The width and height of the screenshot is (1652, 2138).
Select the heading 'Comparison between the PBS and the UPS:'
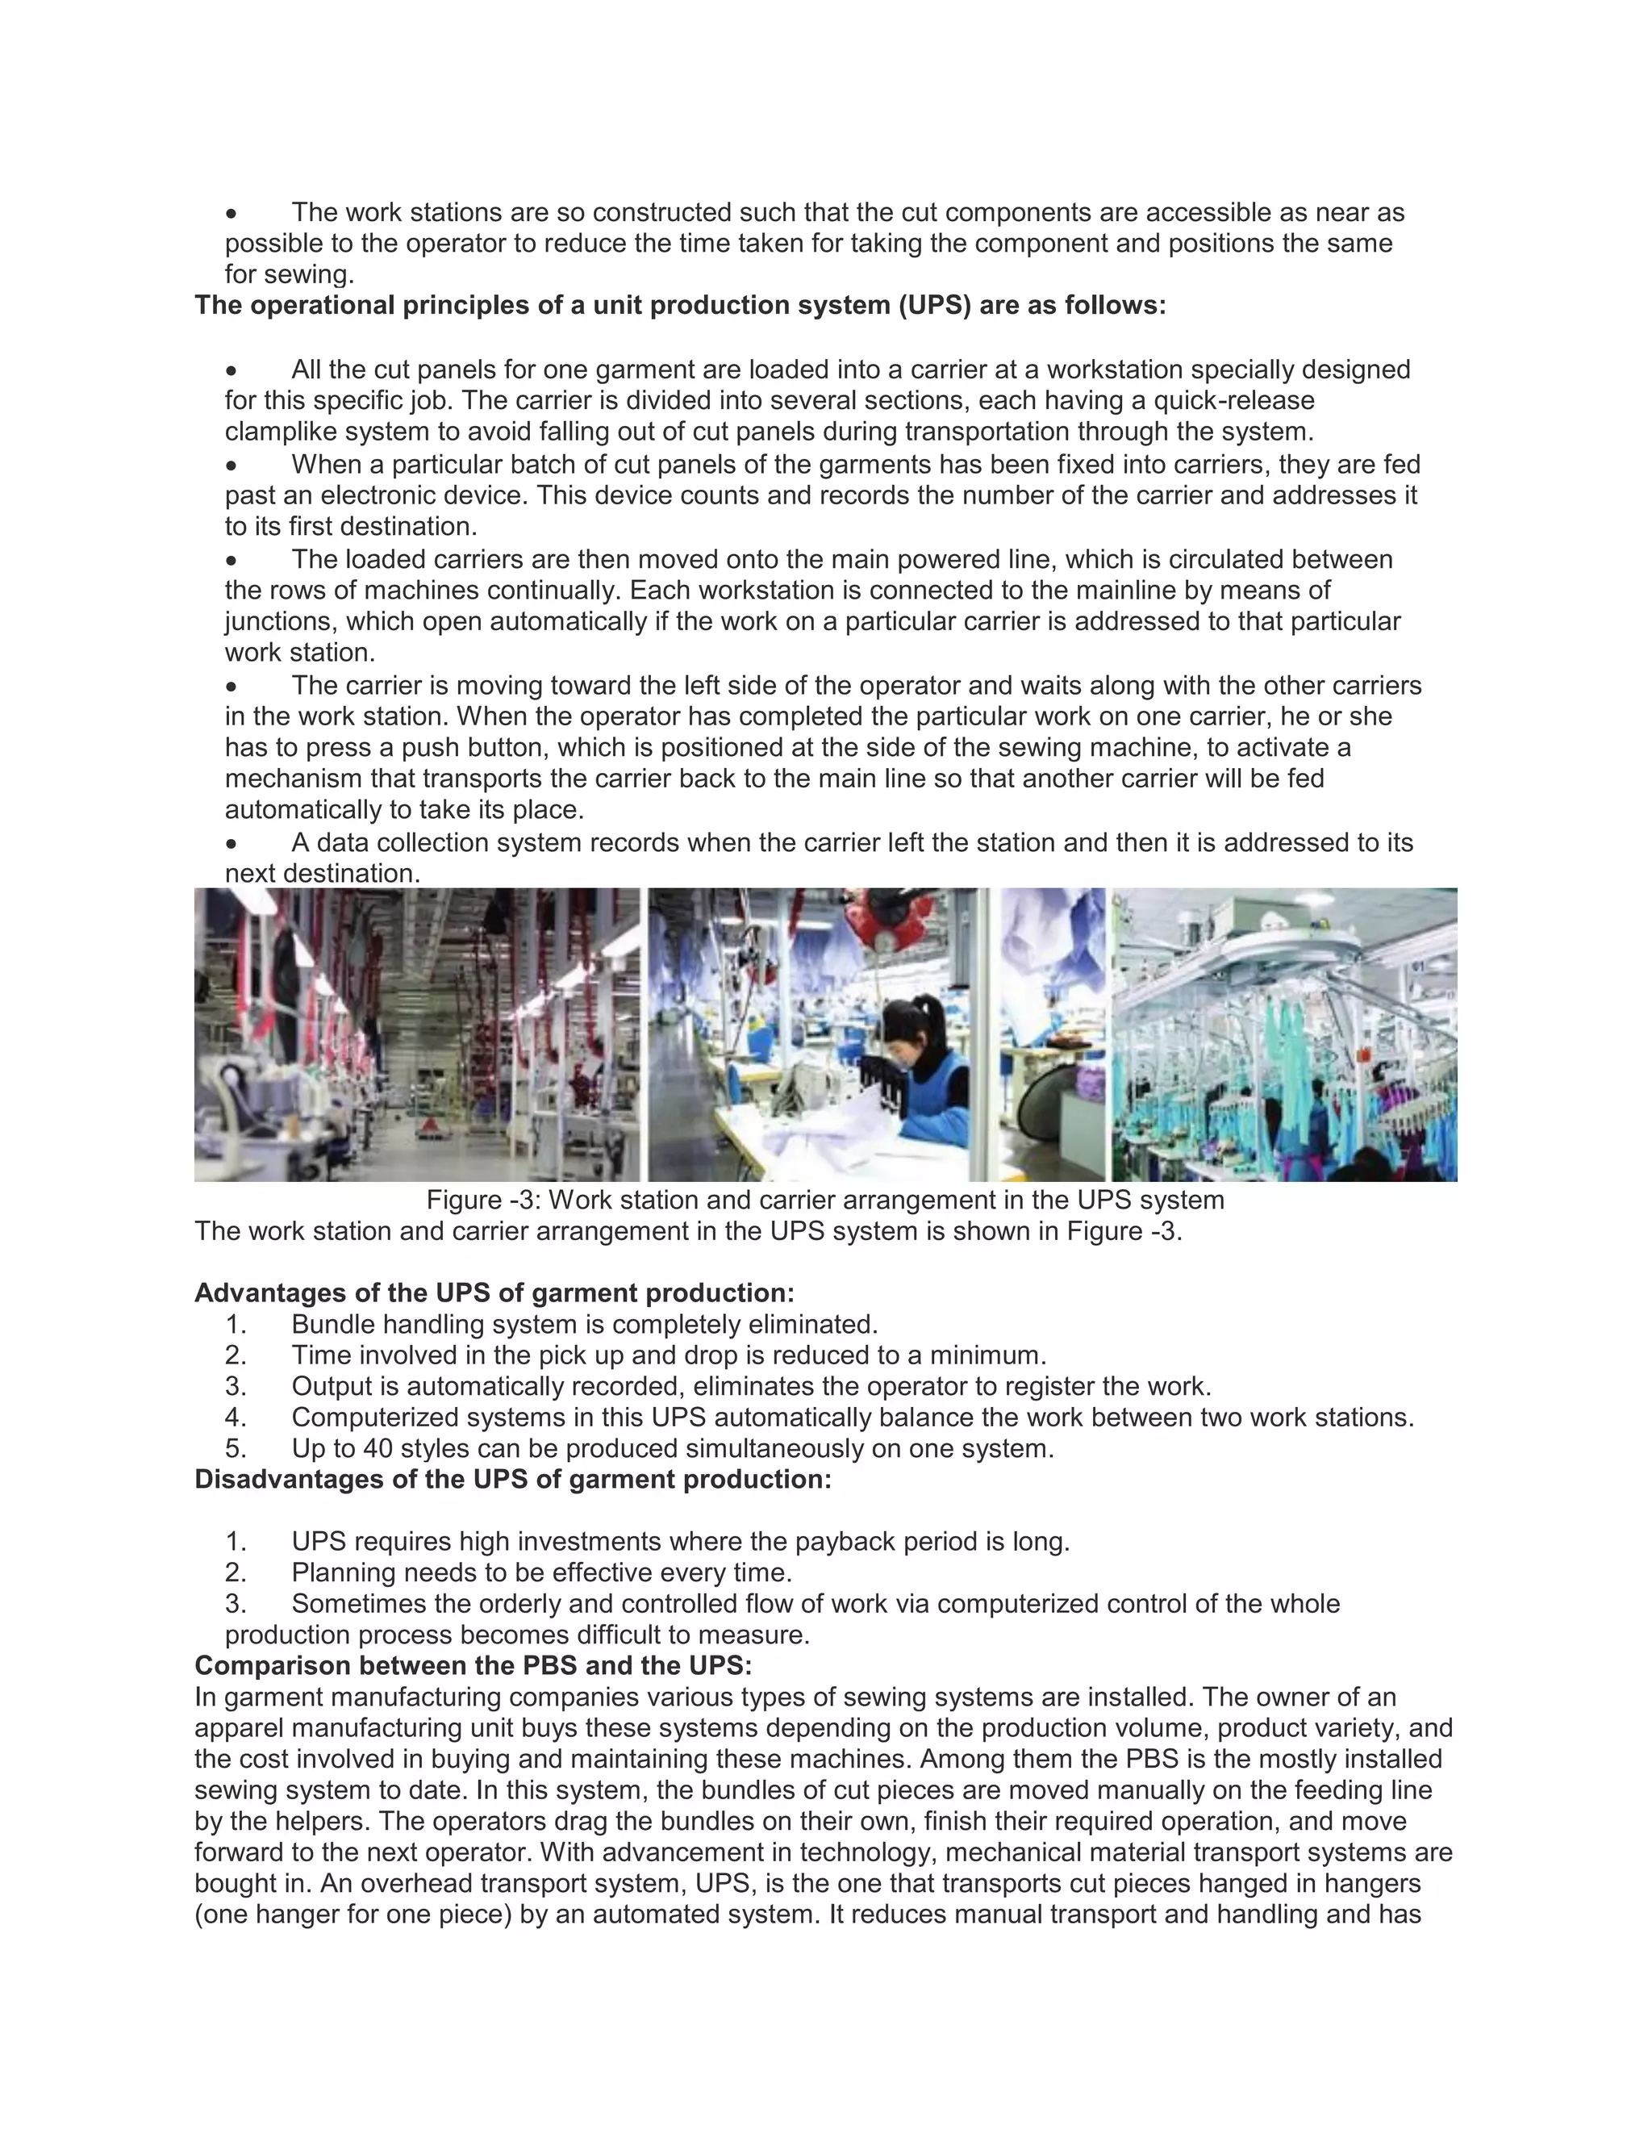click(473, 1665)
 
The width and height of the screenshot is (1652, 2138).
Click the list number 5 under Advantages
click(235, 1448)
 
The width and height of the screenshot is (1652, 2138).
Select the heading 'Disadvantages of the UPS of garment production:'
click(513, 1479)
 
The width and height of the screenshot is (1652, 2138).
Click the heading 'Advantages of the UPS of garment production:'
click(494, 1292)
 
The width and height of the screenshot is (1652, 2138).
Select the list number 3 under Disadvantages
click(235, 1604)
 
